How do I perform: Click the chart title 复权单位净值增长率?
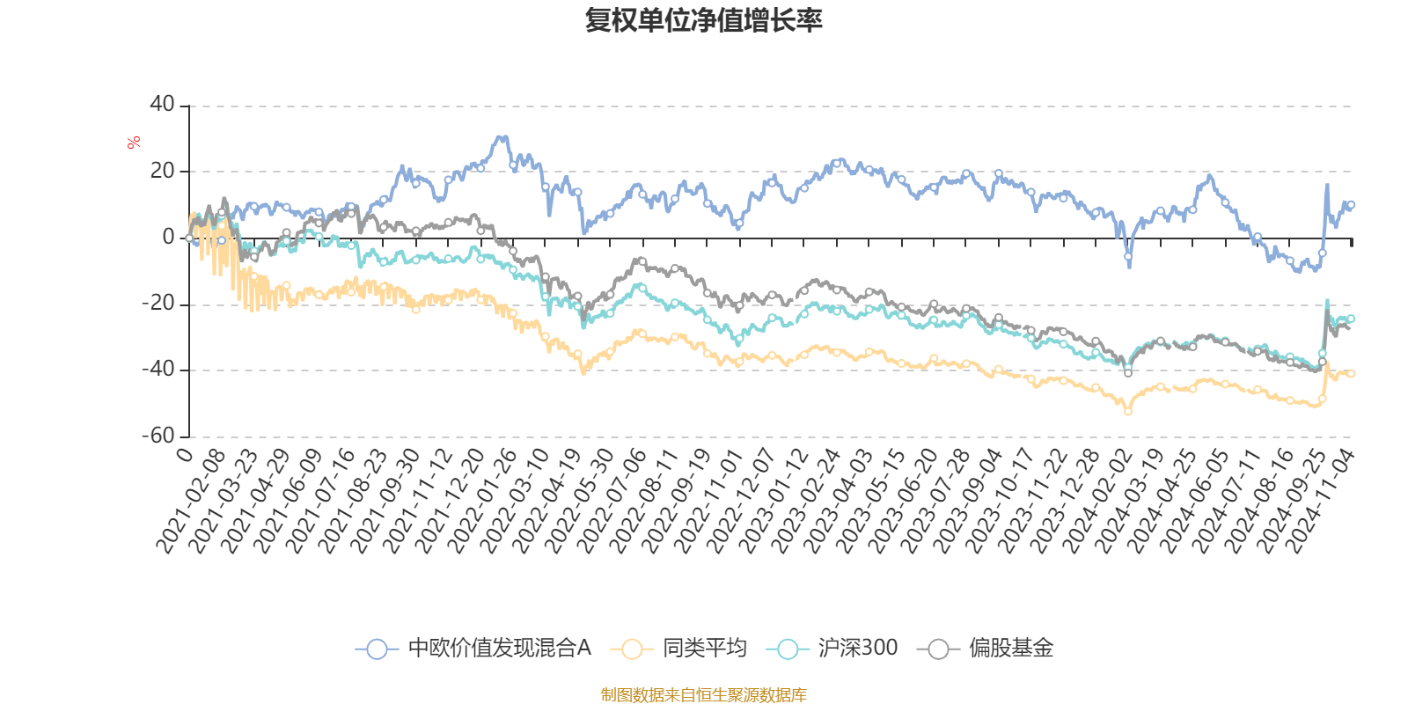click(703, 20)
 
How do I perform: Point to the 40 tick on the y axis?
click(163, 105)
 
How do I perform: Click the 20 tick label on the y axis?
click(163, 171)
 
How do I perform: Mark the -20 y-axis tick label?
click(158, 304)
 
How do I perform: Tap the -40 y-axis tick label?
click(158, 370)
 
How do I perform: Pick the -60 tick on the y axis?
click(158, 436)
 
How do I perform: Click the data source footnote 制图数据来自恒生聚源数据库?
click(703, 695)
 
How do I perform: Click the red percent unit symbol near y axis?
click(134, 143)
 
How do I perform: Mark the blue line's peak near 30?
click(502, 136)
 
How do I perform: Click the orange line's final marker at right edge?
click(1351, 373)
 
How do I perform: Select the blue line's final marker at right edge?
click(1351, 205)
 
